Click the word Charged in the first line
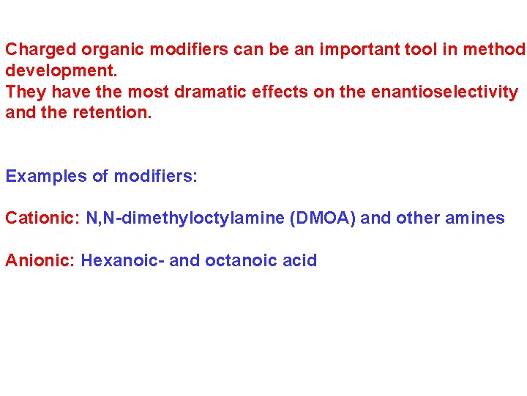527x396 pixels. coord(41,51)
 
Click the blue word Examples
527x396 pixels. coord(46,177)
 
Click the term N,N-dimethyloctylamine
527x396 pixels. coord(185,219)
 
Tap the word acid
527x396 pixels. coord(300,260)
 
